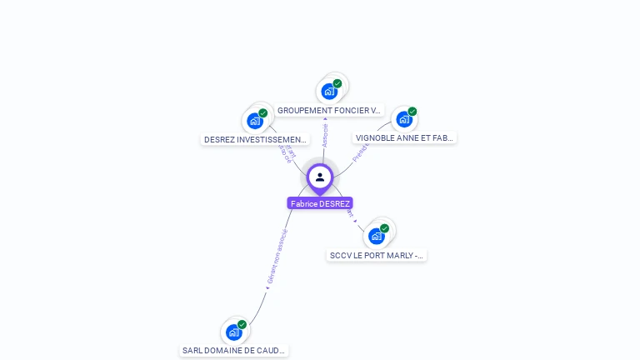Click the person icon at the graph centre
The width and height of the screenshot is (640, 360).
tap(320, 177)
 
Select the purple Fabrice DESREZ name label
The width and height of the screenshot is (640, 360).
tap(320, 203)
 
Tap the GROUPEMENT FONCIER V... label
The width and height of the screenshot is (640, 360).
tap(329, 110)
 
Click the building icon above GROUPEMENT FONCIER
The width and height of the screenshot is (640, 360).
tap(329, 91)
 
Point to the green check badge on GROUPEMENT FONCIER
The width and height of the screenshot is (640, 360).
tap(337, 83)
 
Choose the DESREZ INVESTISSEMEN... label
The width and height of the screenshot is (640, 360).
tap(256, 139)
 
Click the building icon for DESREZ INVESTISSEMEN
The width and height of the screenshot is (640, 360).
tap(255, 120)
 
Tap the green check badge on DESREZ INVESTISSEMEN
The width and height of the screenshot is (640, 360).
tap(263, 112)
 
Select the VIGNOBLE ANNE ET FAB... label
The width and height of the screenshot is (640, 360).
tap(405, 137)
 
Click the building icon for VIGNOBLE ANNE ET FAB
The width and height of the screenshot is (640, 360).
tap(404, 118)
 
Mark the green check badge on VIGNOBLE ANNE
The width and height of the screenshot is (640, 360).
tap(412, 111)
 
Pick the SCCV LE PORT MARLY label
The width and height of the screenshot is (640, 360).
tap(377, 255)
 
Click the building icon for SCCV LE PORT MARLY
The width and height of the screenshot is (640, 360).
tap(377, 236)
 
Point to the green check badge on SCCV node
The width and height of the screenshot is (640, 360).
tap(385, 228)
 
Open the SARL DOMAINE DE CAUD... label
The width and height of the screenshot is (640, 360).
tap(234, 350)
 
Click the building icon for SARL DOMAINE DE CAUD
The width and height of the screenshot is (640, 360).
tap(234, 332)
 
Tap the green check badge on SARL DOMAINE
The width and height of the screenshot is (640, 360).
tap(242, 324)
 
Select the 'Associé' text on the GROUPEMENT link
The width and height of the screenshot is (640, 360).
tap(325, 136)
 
